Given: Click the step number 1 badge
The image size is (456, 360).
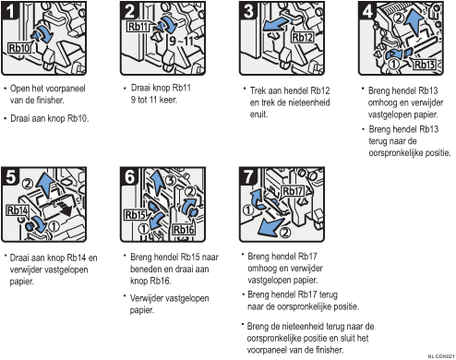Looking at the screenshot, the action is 10,11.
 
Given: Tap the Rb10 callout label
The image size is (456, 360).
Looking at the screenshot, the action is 19,48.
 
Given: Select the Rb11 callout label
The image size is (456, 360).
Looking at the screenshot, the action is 138,27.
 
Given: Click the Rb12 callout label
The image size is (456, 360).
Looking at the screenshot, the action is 303,37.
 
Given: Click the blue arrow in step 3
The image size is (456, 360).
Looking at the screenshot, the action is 275,25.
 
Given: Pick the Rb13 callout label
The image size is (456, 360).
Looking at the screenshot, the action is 424,65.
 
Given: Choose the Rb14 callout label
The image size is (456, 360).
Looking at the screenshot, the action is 18,210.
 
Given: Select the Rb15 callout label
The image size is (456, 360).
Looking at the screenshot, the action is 135,215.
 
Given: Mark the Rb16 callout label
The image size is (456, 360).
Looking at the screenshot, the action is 184,230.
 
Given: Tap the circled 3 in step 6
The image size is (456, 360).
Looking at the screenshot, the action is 172,180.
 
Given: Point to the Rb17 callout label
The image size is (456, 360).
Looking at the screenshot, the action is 293,191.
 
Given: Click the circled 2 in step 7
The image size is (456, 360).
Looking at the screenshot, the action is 285,232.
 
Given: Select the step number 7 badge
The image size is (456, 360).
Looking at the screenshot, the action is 248,176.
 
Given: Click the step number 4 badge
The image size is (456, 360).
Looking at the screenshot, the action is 367,11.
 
